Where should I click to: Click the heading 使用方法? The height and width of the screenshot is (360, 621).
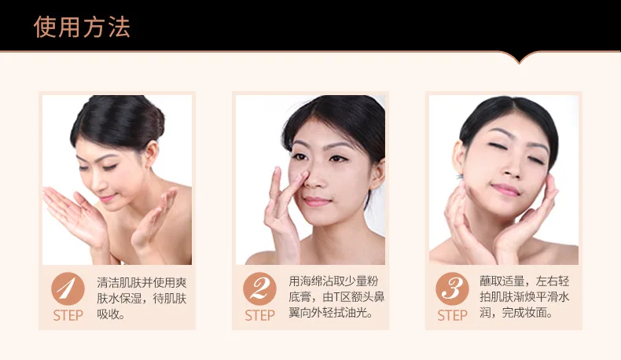coord(82,27)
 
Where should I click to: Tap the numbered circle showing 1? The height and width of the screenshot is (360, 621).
coord(68,288)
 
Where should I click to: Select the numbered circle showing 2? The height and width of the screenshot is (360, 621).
coord(260,288)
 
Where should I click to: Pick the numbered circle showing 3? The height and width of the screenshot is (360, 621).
coord(452,288)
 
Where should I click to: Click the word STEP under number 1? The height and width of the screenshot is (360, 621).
coord(68,315)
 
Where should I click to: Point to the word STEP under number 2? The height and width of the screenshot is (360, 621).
coord(260,315)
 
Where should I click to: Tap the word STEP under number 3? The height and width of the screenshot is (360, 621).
coord(452,315)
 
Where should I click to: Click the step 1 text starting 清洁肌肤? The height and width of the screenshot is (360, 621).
coord(141,298)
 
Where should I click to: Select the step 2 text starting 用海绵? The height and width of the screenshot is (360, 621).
coord(336,297)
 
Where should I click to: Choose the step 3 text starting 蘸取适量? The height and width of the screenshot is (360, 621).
coord(525,297)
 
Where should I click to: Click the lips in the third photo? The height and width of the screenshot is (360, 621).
coord(505,189)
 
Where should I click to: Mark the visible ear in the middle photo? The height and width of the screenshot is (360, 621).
coord(378,174)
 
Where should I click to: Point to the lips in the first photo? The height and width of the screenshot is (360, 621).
coord(107,197)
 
